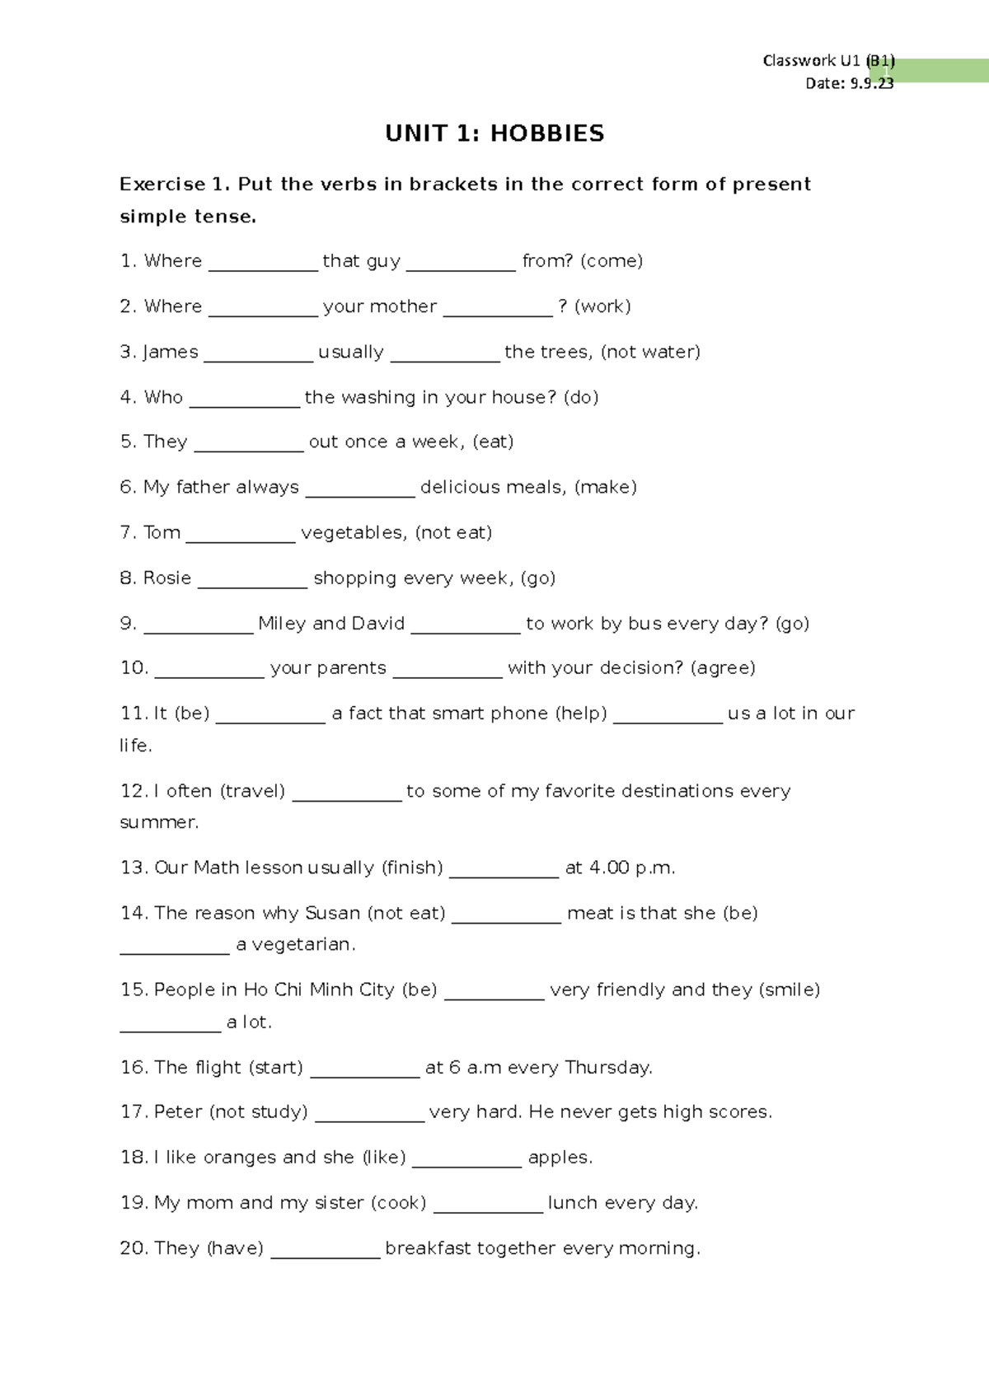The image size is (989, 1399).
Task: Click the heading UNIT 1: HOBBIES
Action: pyautogui.click(x=494, y=133)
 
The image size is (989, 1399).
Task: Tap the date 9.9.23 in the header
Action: pyautogui.click(x=871, y=83)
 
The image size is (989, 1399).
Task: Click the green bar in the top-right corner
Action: pyautogui.click(x=940, y=71)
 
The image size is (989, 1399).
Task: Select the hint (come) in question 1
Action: pyautogui.click(x=612, y=261)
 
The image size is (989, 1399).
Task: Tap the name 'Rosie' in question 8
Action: pyautogui.click(x=167, y=578)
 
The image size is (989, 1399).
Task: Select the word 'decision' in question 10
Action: pyautogui.click(x=641, y=667)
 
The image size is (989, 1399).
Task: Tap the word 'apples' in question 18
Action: pyautogui.click(x=558, y=1158)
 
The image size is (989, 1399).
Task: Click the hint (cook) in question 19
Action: pyautogui.click(x=399, y=1203)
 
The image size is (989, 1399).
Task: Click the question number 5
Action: pyautogui.click(x=128, y=442)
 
